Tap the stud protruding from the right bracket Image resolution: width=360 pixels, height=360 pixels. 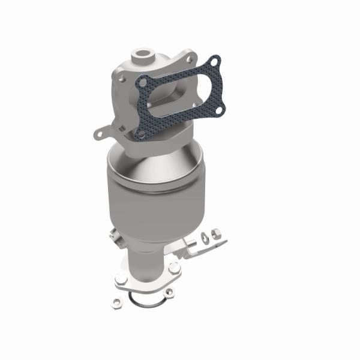195,242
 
